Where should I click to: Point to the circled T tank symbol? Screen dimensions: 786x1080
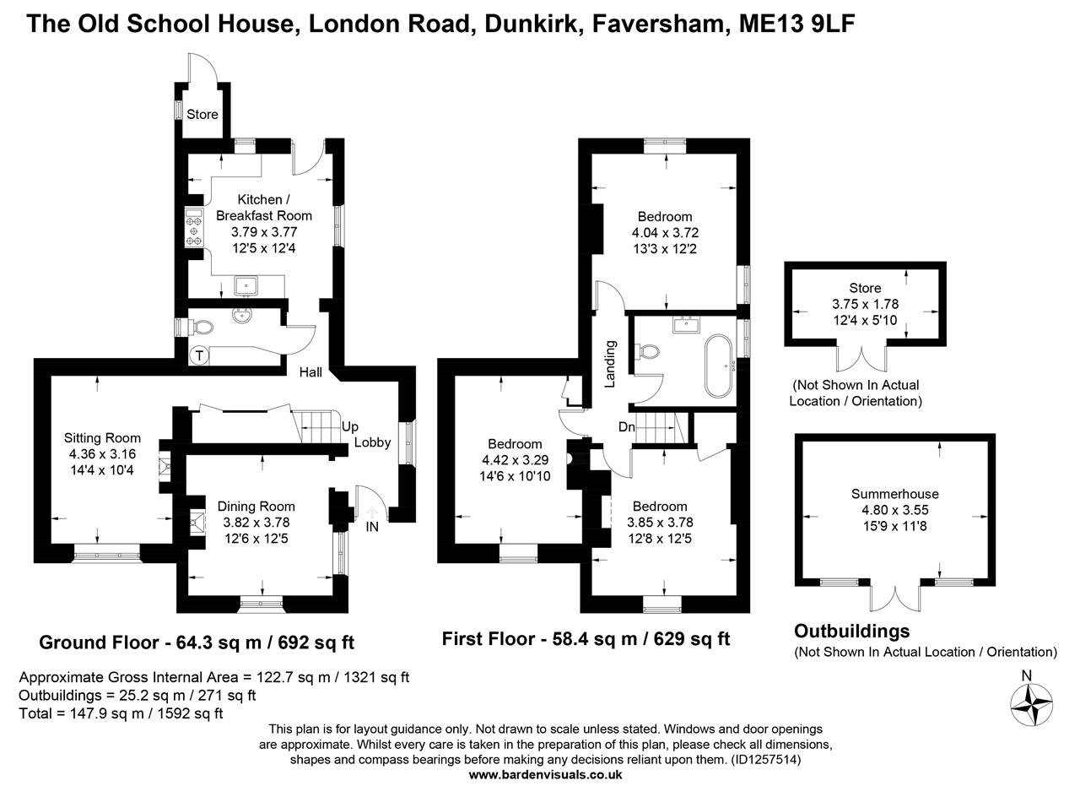tap(199, 355)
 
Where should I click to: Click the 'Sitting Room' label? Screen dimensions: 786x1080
tap(102, 438)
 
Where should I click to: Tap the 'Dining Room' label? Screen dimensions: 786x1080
tap(256, 507)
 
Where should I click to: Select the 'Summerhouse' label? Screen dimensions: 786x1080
tap(894, 494)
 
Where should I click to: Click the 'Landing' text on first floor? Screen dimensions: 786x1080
tap(611, 363)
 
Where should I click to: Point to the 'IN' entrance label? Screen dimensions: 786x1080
tap(372, 527)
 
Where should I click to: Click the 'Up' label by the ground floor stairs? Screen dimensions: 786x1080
tap(350, 426)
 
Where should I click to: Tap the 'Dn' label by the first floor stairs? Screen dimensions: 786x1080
tap(626, 427)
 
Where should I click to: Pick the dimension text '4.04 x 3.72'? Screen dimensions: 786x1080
tap(665, 232)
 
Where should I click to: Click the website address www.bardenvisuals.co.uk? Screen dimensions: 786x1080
tap(545, 774)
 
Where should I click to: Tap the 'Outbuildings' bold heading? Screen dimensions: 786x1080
tap(852, 632)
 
